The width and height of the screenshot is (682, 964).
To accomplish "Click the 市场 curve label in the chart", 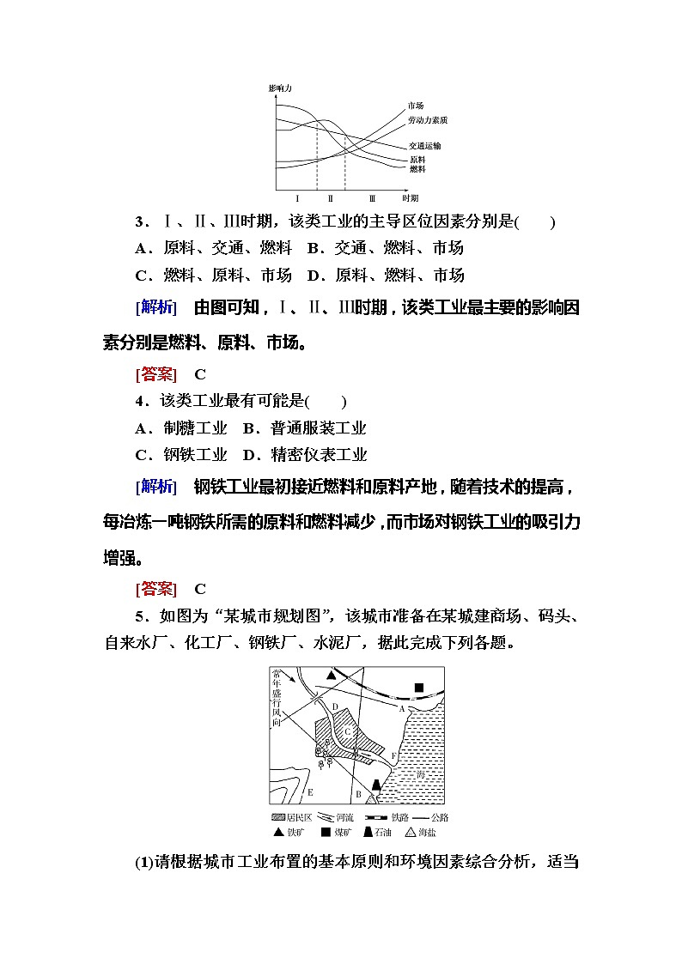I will (x=416, y=106).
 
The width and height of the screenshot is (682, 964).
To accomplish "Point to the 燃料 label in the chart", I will (x=417, y=169).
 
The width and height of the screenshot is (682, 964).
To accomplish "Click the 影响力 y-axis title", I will (x=280, y=88).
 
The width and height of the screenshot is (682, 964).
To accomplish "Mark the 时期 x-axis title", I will (x=410, y=197).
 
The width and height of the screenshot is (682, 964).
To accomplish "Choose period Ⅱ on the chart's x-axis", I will (x=330, y=197).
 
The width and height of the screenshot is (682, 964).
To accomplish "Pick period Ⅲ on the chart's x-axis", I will (x=372, y=197).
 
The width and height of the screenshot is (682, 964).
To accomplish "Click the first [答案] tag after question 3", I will (x=156, y=374).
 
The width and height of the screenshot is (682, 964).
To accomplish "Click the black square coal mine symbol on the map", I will (x=419, y=688).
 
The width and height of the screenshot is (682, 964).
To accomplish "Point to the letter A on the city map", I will (x=401, y=709).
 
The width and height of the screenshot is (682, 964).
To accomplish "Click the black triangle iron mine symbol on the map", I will (x=330, y=676).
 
